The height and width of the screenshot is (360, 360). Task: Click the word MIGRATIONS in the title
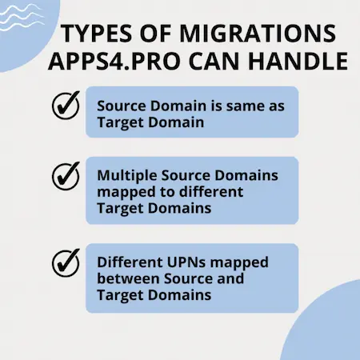coord(258,34)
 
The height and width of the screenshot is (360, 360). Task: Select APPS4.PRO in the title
coord(114,61)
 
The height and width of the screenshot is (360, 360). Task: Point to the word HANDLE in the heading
coord(298,61)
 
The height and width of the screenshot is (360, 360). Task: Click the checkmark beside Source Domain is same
coord(66,105)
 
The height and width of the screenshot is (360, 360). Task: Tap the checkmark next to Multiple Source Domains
coord(66,175)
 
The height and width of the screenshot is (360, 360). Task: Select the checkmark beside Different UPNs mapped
coord(66,262)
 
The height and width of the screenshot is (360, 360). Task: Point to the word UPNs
coord(186,262)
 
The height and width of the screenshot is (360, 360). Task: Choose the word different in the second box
coord(211,192)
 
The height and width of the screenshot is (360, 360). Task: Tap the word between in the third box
coord(128,278)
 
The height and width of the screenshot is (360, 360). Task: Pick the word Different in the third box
coord(130,262)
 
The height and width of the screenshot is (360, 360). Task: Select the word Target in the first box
coord(120,123)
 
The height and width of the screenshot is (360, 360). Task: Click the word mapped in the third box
coord(239,263)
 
